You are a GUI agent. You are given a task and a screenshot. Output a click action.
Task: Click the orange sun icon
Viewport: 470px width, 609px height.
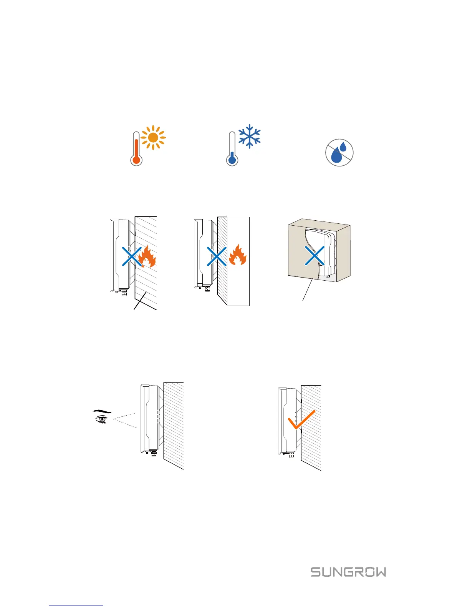click(153, 137)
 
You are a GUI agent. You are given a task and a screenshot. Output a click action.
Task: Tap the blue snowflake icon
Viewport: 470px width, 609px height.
click(250, 136)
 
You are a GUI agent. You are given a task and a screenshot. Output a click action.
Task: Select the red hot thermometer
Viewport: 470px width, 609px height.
click(136, 150)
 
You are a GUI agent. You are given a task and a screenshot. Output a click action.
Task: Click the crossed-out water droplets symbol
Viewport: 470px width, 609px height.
click(339, 152)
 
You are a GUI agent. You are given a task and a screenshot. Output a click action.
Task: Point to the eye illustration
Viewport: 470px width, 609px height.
click(101, 419)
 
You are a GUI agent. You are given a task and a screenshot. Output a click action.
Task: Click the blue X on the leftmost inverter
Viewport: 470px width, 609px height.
click(132, 256)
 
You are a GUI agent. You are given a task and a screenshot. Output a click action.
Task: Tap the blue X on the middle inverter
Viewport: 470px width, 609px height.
click(217, 256)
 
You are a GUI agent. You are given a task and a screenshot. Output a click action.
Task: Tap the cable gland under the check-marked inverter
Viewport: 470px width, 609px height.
click(291, 454)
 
